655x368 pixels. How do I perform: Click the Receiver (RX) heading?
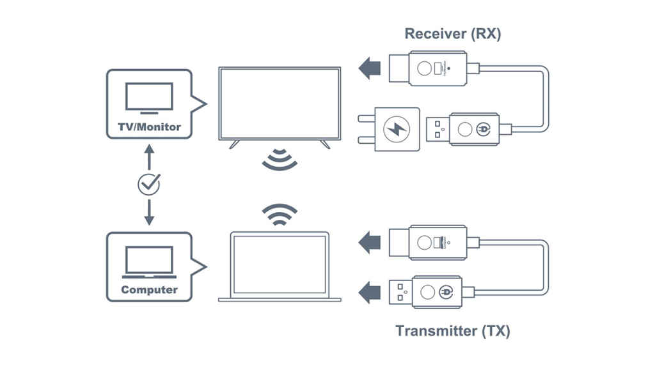pos(453,34)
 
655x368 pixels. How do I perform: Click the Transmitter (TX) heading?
pos(453,331)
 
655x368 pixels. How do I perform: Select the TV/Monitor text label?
pos(148,126)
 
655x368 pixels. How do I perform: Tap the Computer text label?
pos(149,289)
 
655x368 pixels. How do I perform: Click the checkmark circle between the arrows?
pos(149,184)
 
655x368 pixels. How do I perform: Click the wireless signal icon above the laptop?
pos(280,215)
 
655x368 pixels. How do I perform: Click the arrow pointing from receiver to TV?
pos(369,67)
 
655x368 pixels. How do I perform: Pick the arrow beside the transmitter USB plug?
pos(369,293)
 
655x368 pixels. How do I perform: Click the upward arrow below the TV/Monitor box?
pos(149,157)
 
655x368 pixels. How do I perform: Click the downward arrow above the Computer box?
pos(149,212)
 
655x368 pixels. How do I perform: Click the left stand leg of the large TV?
pos(235,144)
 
